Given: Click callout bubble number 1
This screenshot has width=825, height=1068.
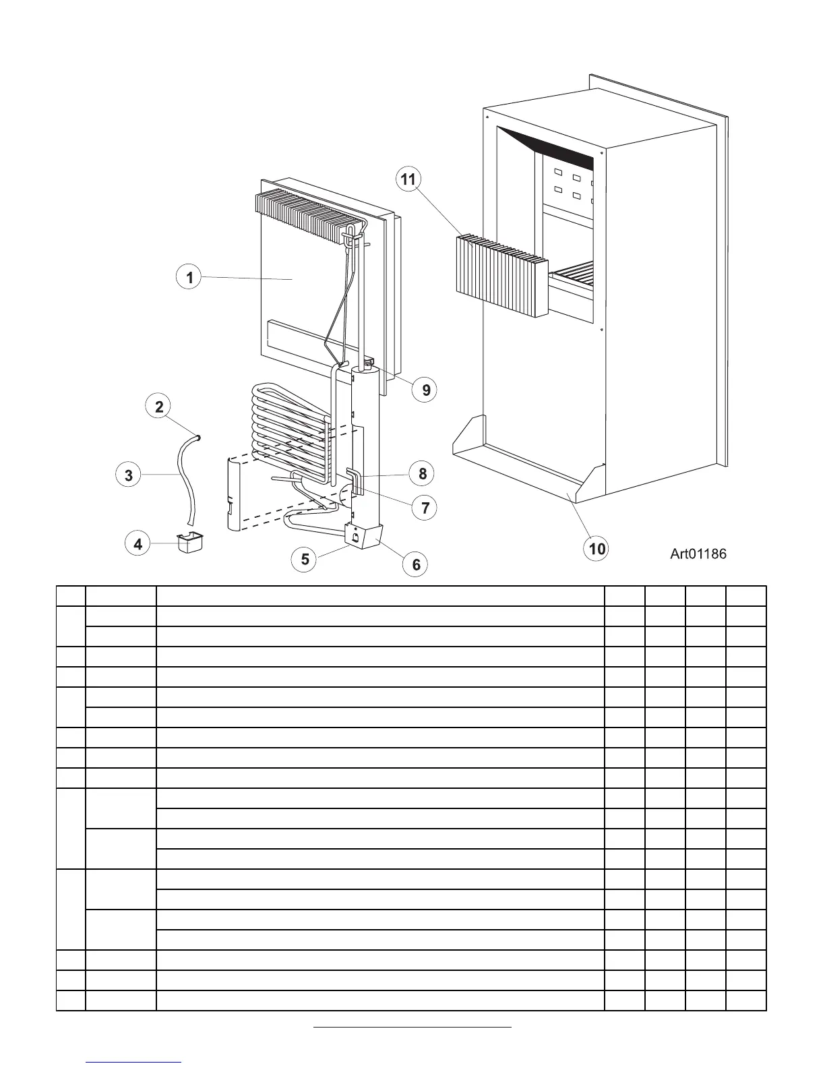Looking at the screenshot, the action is (x=190, y=277).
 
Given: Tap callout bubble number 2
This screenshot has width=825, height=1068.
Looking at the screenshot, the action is (x=159, y=407).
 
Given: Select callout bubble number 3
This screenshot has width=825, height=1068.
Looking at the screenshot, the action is (x=129, y=475).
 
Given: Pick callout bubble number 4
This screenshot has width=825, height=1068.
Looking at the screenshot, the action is (x=138, y=543).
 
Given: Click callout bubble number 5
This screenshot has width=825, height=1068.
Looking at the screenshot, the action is (x=305, y=559).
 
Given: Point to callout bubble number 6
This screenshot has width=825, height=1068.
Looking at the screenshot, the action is (x=416, y=564).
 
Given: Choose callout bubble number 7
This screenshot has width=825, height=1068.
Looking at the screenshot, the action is (x=425, y=507).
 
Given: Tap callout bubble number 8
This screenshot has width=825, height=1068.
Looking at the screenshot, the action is (x=423, y=473).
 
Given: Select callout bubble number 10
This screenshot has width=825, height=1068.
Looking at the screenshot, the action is (x=597, y=548).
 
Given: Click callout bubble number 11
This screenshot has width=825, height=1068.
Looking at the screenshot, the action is (x=408, y=179).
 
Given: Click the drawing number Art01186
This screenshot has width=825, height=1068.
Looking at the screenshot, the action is (x=698, y=554).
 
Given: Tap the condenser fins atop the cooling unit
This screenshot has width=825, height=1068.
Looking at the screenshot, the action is (x=303, y=216).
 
